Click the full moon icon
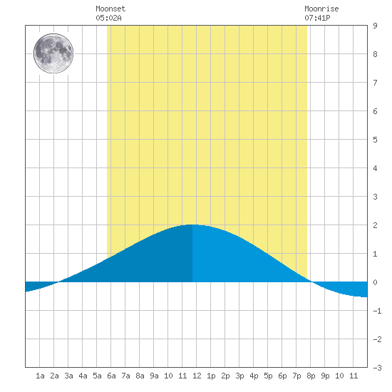pyautogui.click(x=53, y=53)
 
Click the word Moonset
pyautogui.click(x=110, y=9)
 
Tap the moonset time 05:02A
pyautogui.click(x=108, y=18)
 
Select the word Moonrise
pyautogui.click(x=321, y=9)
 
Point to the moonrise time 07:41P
pyautogui.click(x=317, y=18)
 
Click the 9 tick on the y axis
pyautogui.click(x=375, y=26)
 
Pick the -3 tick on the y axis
pyautogui.click(x=377, y=368)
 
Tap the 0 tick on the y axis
pyautogui.click(x=375, y=282)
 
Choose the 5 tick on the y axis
pyautogui.click(x=375, y=140)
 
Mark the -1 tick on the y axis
pyautogui.click(x=377, y=311)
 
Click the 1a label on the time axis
pyautogui.click(x=40, y=376)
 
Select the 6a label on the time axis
pyautogui.click(x=111, y=376)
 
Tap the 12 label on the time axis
pyautogui.click(x=197, y=376)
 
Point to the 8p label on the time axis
pyautogui.click(x=311, y=376)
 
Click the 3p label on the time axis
pyautogui.click(x=239, y=376)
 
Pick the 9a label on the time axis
pyautogui.click(x=154, y=376)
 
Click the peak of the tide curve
pyautogui.click(x=192, y=225)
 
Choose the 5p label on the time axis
pyautogui.click(x=268, y=376)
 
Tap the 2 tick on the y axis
pyautogui.click(x=375, y=225)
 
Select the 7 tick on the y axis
pyautogui.click(x=375, y=83)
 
